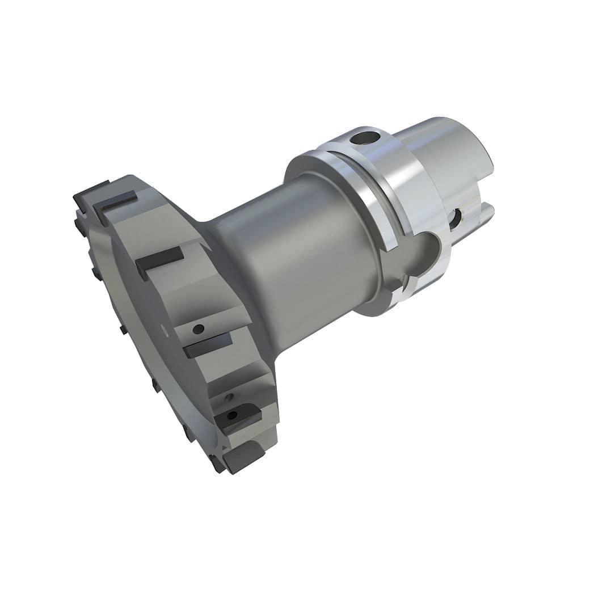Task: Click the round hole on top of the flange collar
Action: coord(363,137)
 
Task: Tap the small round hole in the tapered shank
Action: coord(456,219)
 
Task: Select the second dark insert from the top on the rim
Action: coord(159,261)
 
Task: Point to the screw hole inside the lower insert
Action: coord(231,415)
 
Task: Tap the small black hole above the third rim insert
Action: coord(197,328)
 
